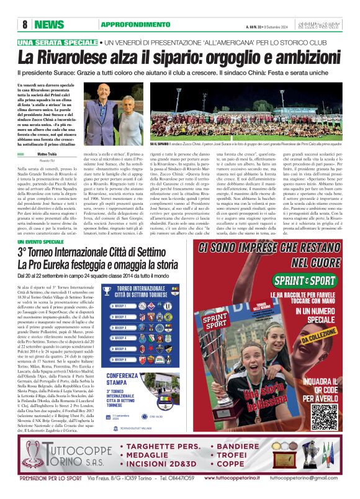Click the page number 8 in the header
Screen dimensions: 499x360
tap(25, 24)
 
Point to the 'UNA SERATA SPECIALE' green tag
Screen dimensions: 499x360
tap(58, 42)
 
